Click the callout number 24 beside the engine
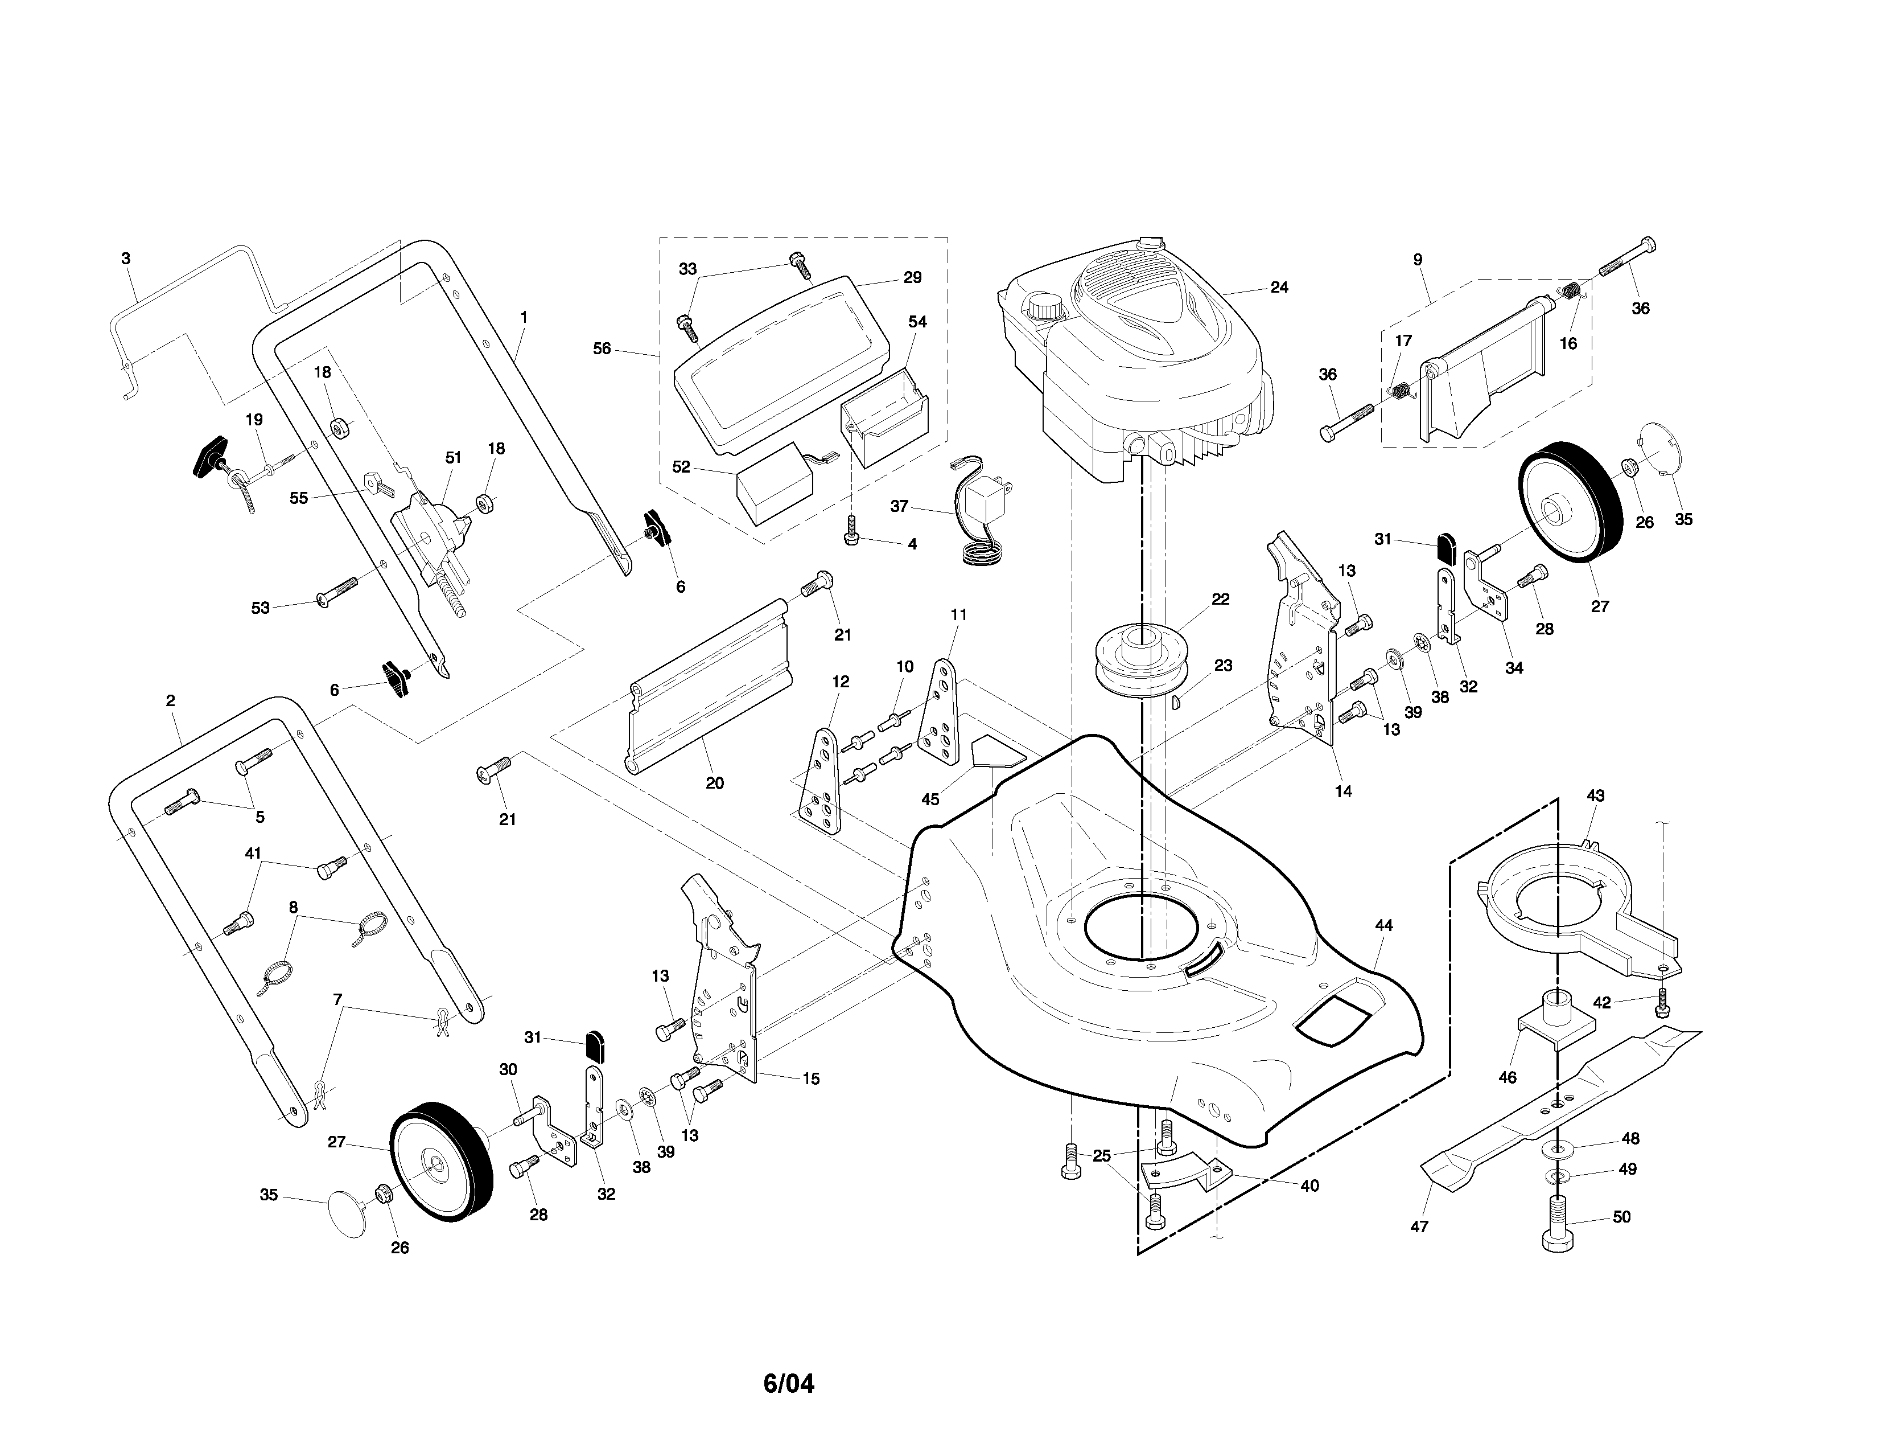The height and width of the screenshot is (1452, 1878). coord(1279,288)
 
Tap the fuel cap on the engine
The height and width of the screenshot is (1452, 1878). coord(1044,306)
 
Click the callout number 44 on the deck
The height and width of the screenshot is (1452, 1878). coord(1383,925)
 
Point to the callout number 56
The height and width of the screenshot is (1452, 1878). coord(602,348)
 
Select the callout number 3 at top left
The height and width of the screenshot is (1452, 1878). coord(126,258)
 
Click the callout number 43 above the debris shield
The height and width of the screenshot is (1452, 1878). coord(1595,795)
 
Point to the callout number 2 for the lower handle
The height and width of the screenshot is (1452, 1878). coord(170,701)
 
